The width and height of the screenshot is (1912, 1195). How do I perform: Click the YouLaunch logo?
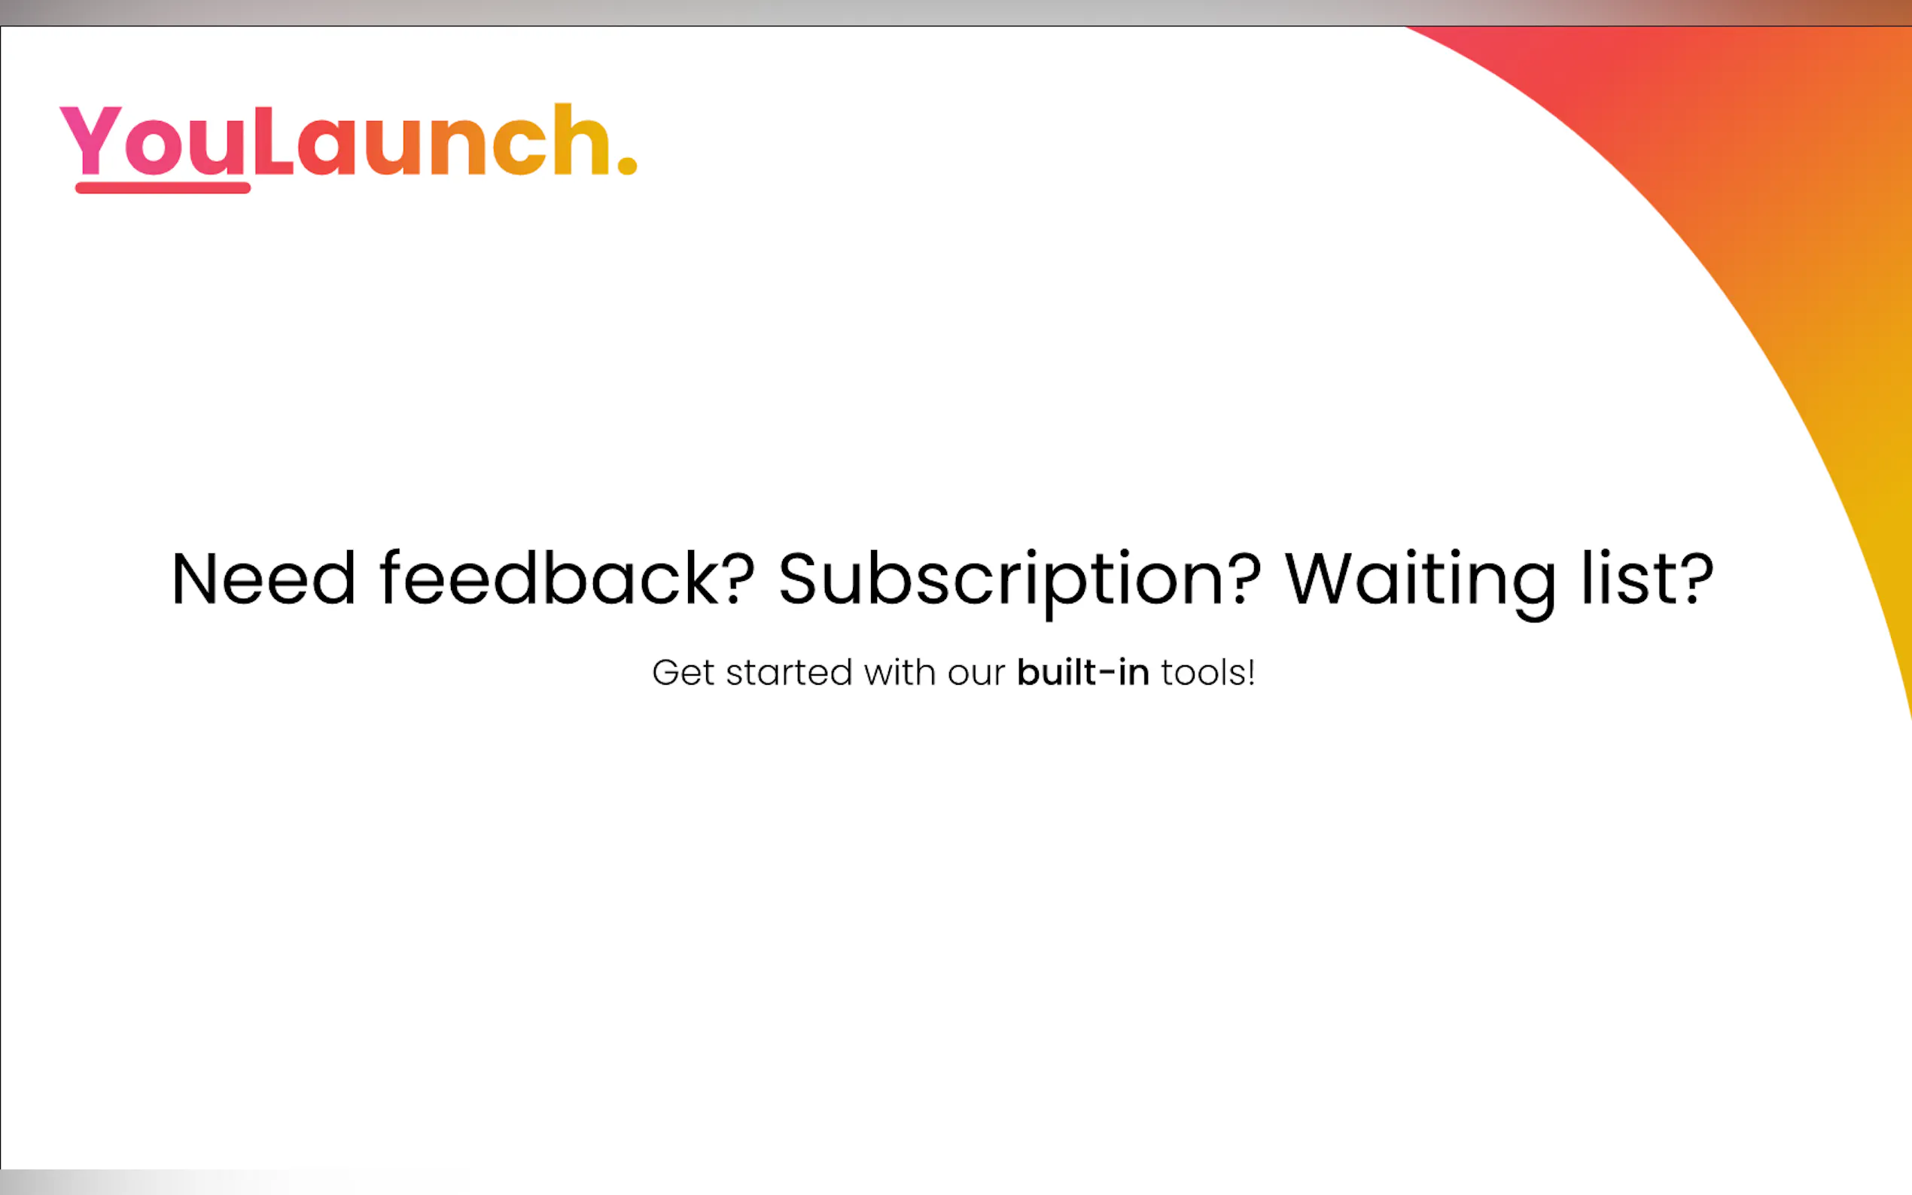(349, 147)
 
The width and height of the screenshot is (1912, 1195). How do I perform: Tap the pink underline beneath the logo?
(163, 187)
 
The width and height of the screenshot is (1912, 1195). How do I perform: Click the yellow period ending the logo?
(627, 163)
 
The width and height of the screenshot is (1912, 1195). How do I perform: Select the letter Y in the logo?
(91, 139)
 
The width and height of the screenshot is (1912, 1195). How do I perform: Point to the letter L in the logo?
(273, 139)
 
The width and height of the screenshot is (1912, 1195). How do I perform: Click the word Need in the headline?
(264, 579)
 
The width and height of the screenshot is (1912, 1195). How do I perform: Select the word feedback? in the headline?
(567, 578)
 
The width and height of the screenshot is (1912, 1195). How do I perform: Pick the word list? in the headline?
(1647, 578)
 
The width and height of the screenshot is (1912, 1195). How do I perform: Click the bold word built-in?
(1083, 673)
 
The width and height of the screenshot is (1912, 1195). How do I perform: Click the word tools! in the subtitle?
(1207, 673)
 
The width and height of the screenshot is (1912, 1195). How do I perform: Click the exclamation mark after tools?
(1251, 673)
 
